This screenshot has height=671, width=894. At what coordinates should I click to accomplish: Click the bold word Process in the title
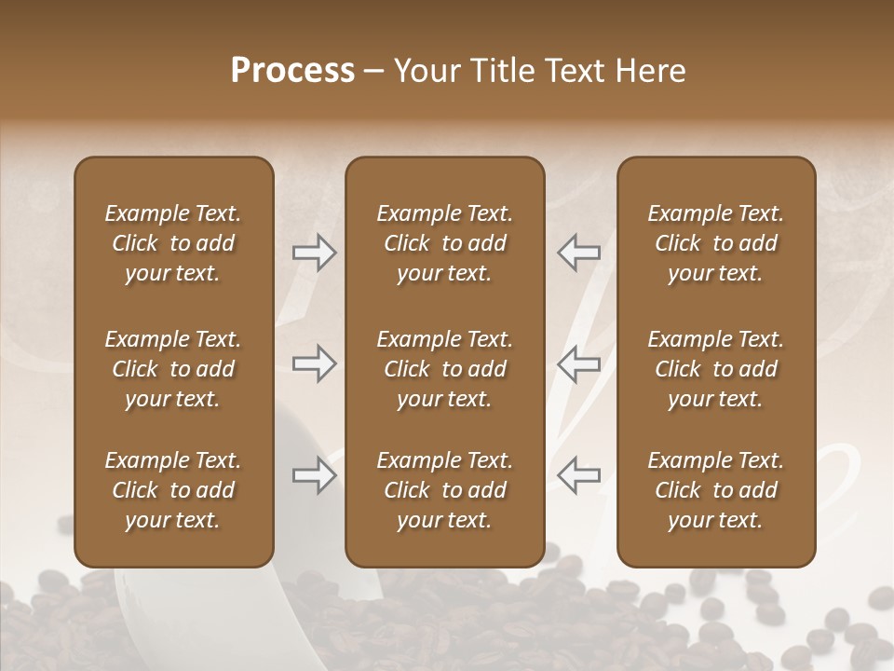(292, 71)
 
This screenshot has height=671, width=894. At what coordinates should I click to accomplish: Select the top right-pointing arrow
(314, 253)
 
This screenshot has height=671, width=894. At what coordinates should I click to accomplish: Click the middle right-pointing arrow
(314, 363)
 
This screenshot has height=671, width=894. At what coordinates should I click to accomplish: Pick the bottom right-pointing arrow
(314, 476)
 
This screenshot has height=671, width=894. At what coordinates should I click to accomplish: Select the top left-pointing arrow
(579, 253)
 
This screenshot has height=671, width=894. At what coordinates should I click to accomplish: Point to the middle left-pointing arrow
(579, 363)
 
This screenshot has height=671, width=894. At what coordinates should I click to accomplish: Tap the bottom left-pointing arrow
(579, 476)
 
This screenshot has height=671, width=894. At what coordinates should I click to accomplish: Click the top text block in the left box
(173, 243)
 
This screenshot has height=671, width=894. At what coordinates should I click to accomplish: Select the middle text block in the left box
(173, 369)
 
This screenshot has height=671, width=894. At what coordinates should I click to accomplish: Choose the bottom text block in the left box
(173, 490)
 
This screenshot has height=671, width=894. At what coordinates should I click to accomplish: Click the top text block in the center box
(444, 243)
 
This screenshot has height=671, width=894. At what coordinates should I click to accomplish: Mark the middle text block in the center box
(444, 369)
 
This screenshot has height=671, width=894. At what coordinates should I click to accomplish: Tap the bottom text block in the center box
(444, 490)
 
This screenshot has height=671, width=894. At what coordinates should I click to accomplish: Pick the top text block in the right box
(715, 243)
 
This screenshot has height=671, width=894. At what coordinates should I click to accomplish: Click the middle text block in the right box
(715, 369)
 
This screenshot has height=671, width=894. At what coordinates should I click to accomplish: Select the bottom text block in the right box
(715, 490)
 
